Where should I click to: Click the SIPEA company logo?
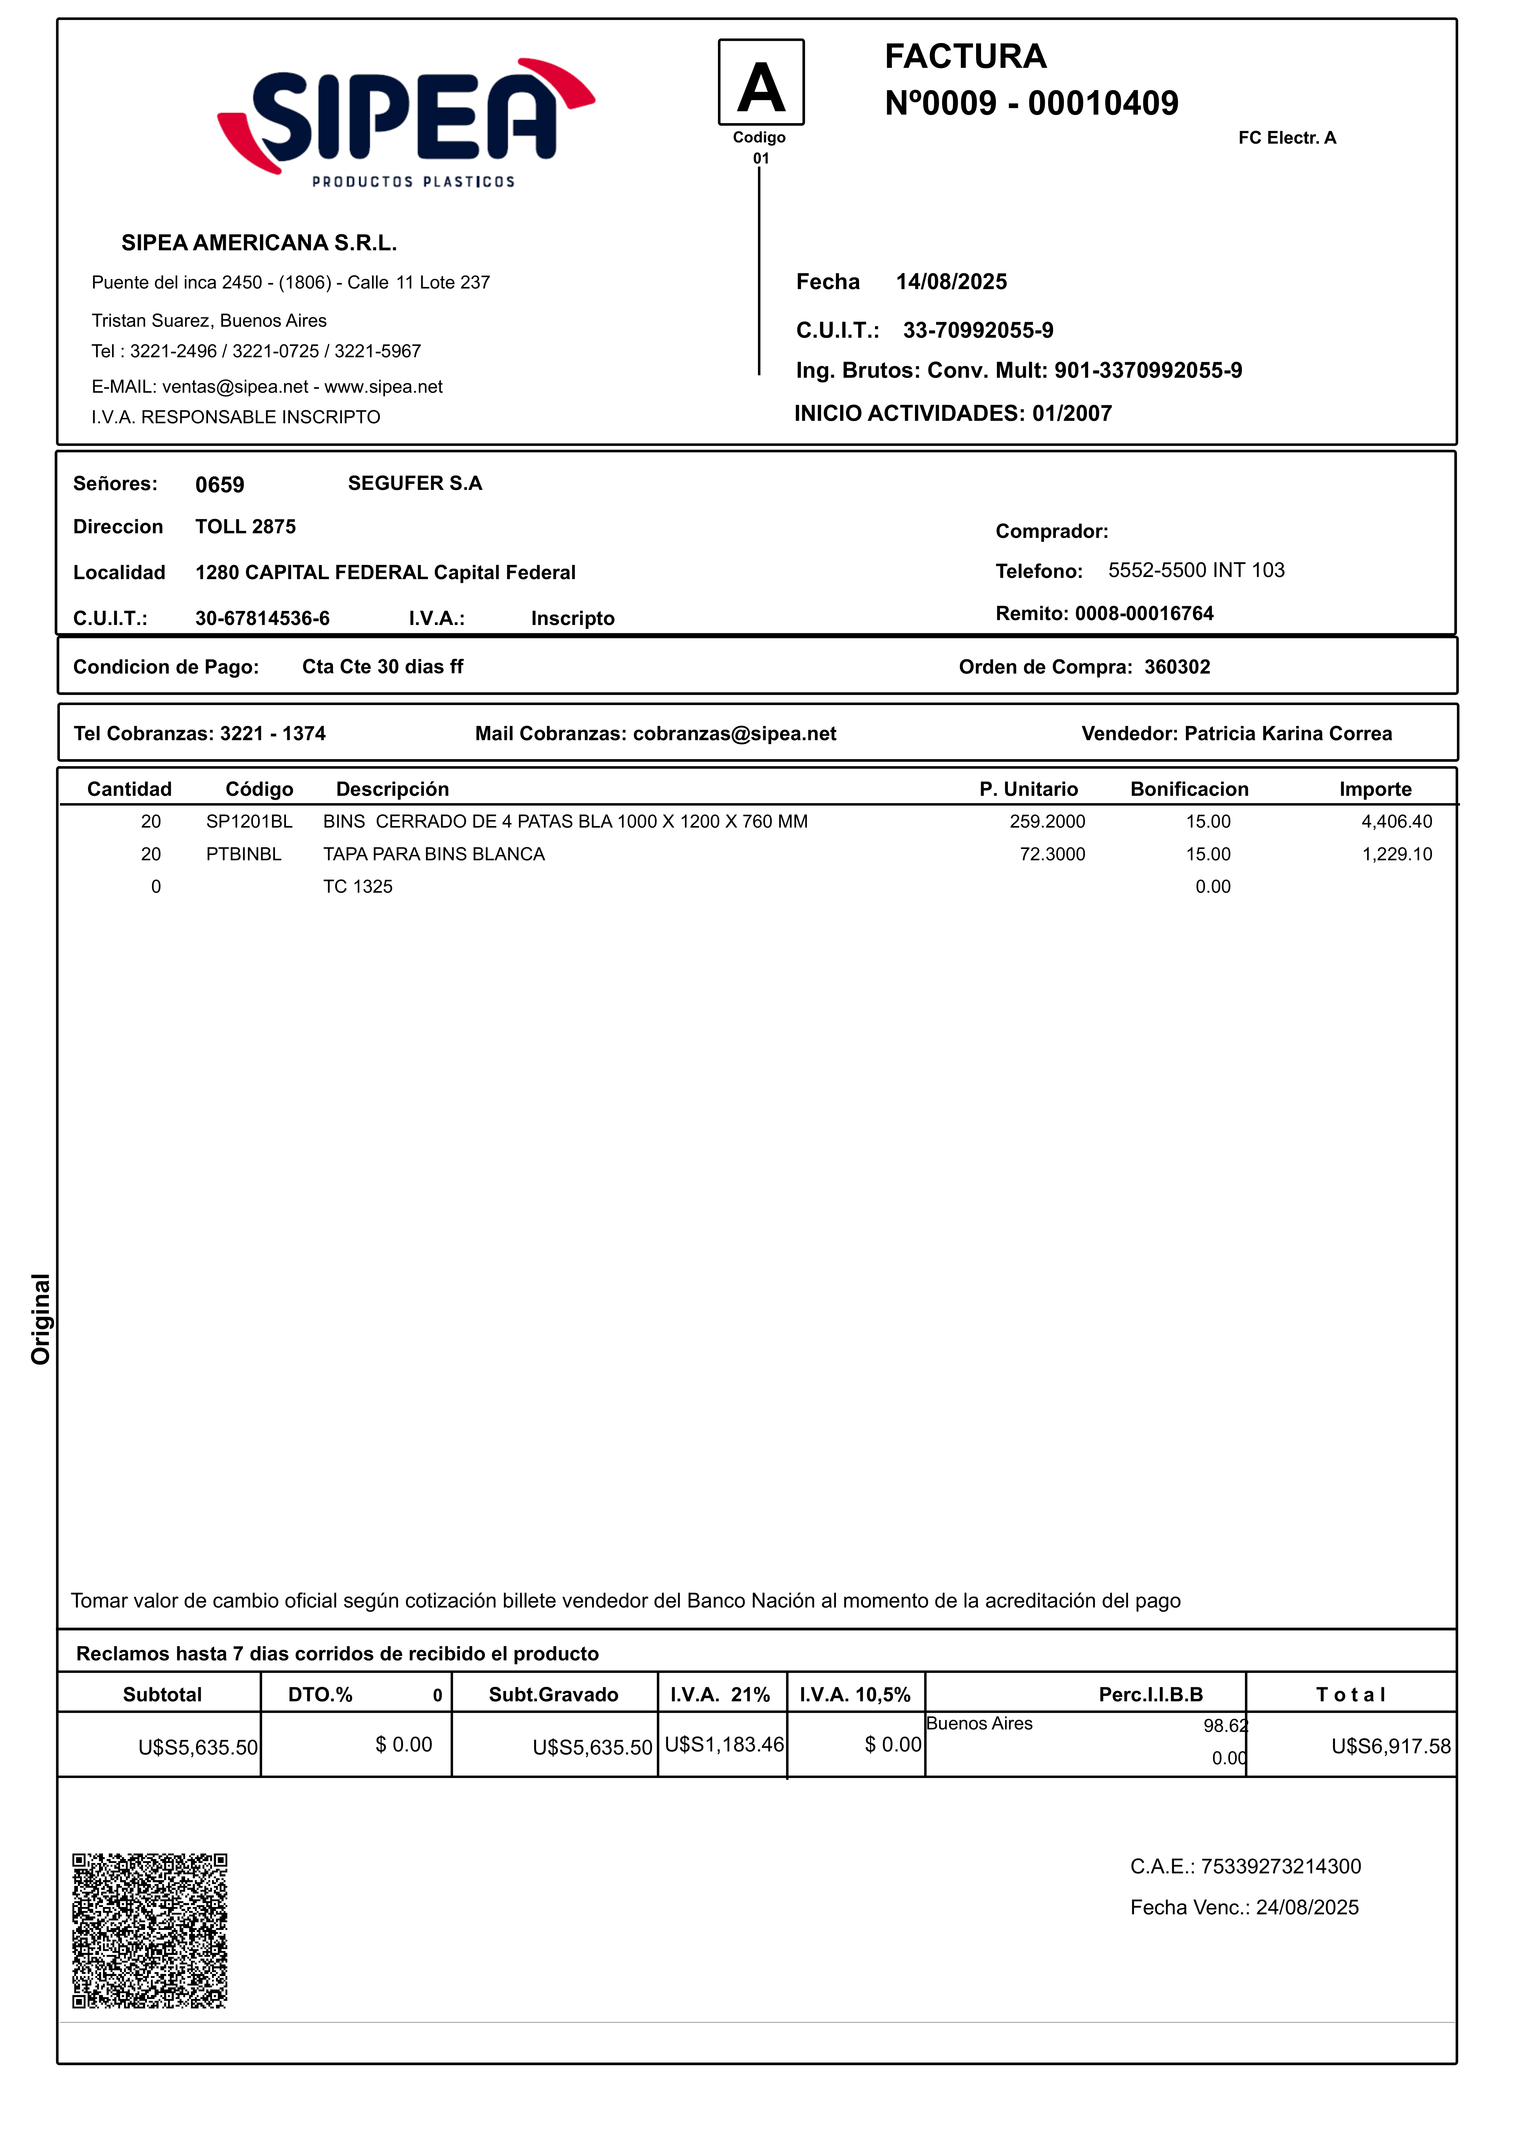406,121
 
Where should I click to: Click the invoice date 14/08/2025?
952,282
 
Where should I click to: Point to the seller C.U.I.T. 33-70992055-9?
978,330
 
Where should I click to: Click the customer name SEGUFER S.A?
415,483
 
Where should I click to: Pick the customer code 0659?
219,485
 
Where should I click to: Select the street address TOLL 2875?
245,527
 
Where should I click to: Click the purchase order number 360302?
1177,667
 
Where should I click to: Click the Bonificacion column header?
1189,789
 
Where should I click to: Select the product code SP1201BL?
249,822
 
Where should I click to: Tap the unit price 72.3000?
1052,854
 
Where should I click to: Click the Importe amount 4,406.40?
1396,822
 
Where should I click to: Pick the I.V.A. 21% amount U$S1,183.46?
724,1745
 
